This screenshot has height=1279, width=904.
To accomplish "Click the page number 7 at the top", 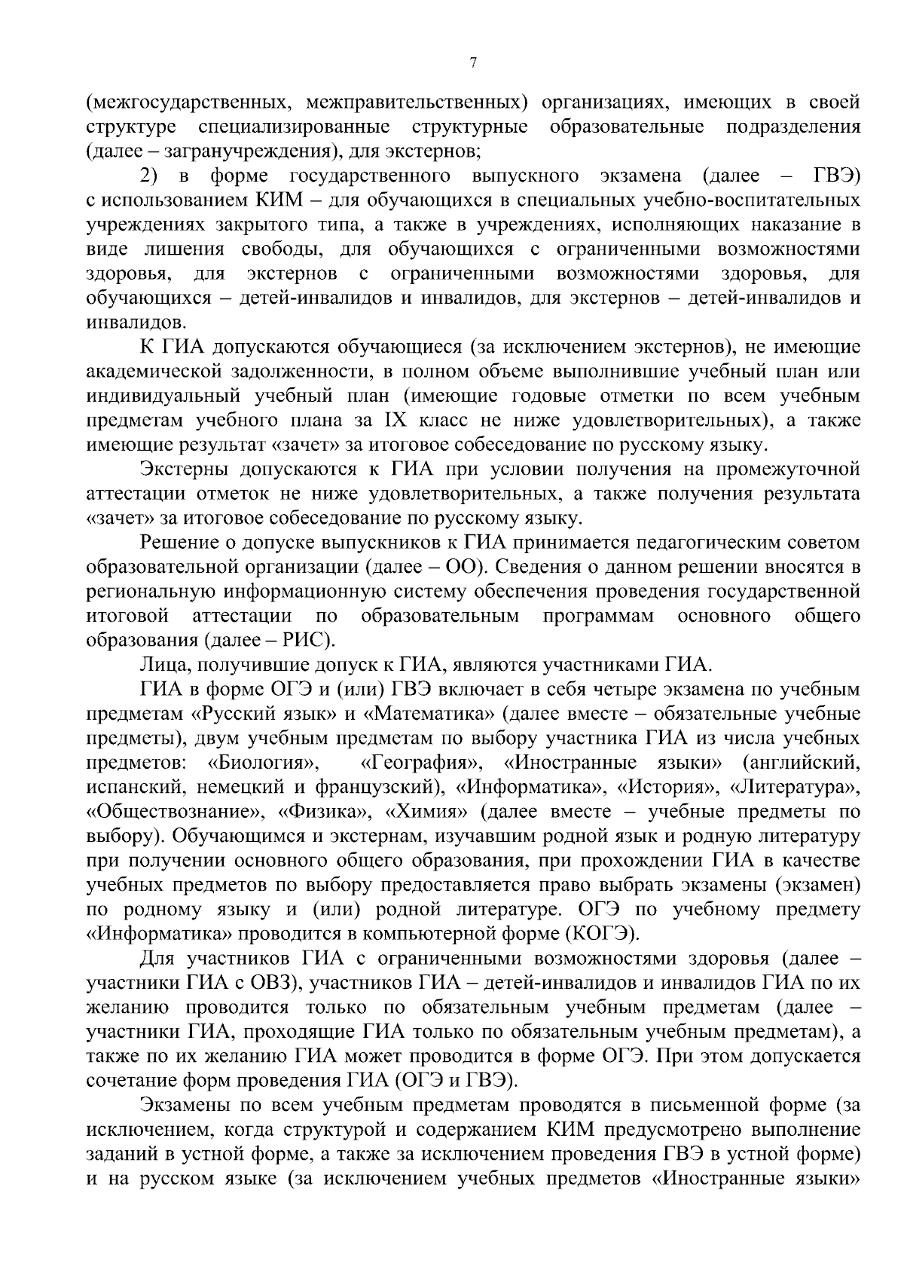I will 472,63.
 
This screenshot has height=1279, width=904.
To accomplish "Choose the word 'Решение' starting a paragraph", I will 179,543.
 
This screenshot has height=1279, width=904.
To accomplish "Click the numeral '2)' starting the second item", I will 149,176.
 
